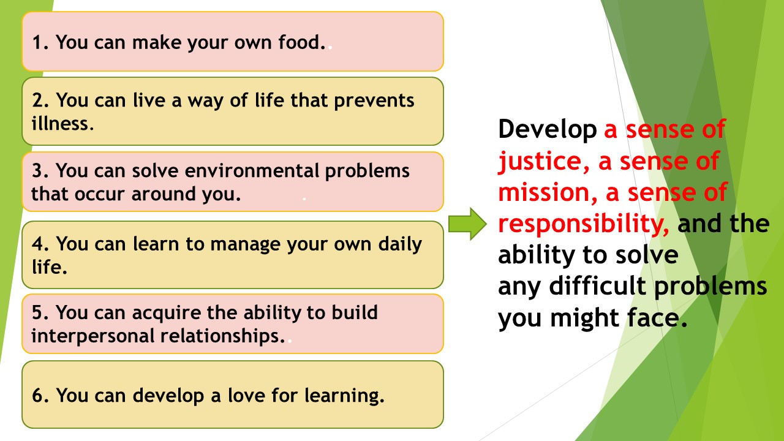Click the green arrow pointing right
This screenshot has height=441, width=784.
point(467,224)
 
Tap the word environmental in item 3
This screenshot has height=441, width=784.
point(252,170)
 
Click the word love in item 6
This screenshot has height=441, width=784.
point(246,396)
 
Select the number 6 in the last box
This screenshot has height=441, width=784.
point(38,396)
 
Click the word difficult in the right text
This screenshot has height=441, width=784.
point(597,285)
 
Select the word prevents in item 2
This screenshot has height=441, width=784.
point(374,101)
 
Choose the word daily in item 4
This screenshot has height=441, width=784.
point(400,244)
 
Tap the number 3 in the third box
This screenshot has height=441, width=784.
point(37,170)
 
